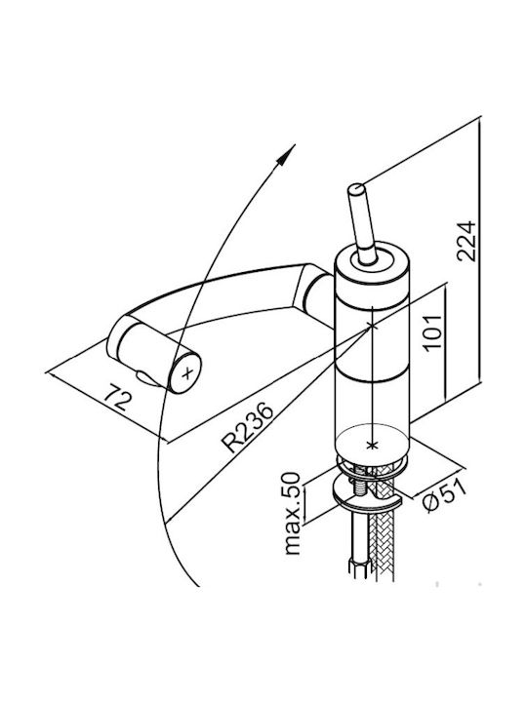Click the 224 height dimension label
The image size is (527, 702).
click(x=466, y=241)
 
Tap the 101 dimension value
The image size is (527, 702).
click(x=432, y=333)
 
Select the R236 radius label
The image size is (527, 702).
click(x=248, y=428)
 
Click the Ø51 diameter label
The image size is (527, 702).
click(x=445, y=496)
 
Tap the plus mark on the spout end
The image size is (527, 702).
click(x=188, y=372)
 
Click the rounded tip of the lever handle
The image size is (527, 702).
click(x=357, y=189)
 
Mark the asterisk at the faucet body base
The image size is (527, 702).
click(x=372, y=445)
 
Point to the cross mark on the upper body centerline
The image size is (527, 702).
click(x=373, y=326)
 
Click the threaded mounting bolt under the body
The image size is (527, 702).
click(x=360, y=485)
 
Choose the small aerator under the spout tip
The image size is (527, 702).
click(x=147, y=378)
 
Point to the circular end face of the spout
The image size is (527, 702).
click(x=185, y=372)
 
